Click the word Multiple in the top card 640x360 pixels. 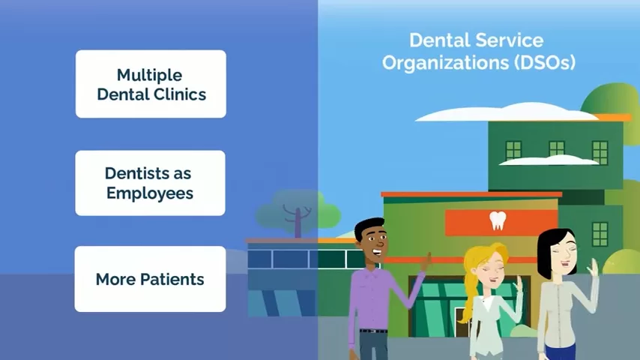pos(149,75)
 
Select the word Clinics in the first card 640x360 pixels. pos(179,94)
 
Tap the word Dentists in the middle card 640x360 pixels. pos(133,173)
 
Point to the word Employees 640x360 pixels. pos(150,193)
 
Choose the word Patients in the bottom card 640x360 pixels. pos(172,280)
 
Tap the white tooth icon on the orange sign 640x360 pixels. pos(498,220)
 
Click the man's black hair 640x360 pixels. pos(369,227)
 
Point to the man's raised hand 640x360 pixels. pos(426,262)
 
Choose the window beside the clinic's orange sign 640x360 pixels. pos(600,234)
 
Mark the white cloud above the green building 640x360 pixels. pos(506,112)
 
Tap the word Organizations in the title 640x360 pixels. pos(445,63)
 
